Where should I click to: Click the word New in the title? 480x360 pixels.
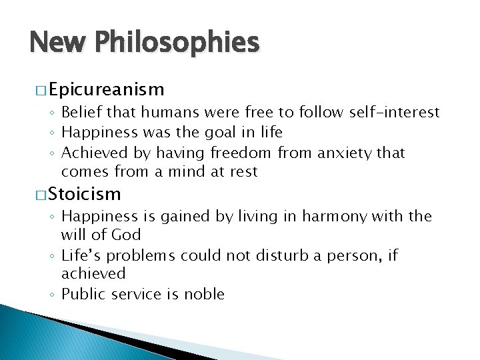(x=57, y=43)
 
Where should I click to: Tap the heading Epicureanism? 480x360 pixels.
(x=106, y=89)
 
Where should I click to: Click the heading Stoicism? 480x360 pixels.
(x=85, y=194)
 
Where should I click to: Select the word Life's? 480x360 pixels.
(x=81, y=255)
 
